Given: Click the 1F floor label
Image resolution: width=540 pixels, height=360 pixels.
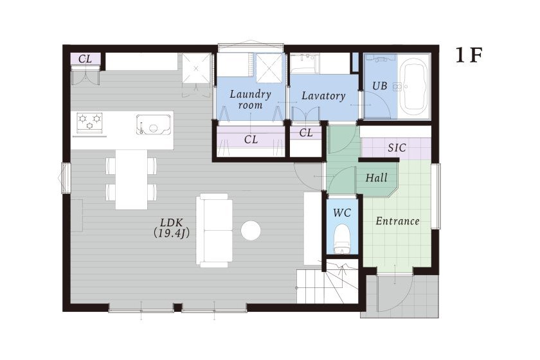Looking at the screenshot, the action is point(469,55).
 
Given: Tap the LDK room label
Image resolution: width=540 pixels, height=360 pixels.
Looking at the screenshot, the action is point(171,222).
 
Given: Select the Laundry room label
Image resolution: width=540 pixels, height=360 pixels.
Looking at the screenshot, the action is point(250,99).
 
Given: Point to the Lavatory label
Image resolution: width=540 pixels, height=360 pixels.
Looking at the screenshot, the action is point(323,95).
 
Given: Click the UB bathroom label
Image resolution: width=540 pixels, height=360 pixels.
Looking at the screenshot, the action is point(379,85).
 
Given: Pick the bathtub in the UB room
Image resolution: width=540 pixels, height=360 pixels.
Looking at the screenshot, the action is point(415,87).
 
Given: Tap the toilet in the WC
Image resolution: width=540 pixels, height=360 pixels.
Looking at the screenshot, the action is point(342,238).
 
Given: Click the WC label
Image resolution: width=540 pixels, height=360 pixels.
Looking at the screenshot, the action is point(342,213).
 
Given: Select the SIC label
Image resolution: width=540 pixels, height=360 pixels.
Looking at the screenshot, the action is point(397,148).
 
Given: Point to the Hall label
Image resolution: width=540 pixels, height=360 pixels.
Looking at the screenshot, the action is point(377,178).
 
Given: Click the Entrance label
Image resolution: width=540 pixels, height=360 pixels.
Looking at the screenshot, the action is point(397,221).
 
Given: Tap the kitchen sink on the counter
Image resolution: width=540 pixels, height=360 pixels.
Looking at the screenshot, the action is point(154,124).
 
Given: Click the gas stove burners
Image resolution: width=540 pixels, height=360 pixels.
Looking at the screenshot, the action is point(89,122).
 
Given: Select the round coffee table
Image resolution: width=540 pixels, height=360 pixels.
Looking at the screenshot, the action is point(250,230).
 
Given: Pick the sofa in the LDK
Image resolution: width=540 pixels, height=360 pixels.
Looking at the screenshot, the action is point(214,230).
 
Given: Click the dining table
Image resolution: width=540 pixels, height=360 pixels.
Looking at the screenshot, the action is point(132,179).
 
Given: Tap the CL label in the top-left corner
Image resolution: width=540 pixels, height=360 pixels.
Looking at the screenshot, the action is point(85,59).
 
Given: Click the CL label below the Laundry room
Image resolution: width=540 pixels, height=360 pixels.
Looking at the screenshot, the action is point(251,139).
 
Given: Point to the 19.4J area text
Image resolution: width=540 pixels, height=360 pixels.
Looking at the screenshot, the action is point(171,233).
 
